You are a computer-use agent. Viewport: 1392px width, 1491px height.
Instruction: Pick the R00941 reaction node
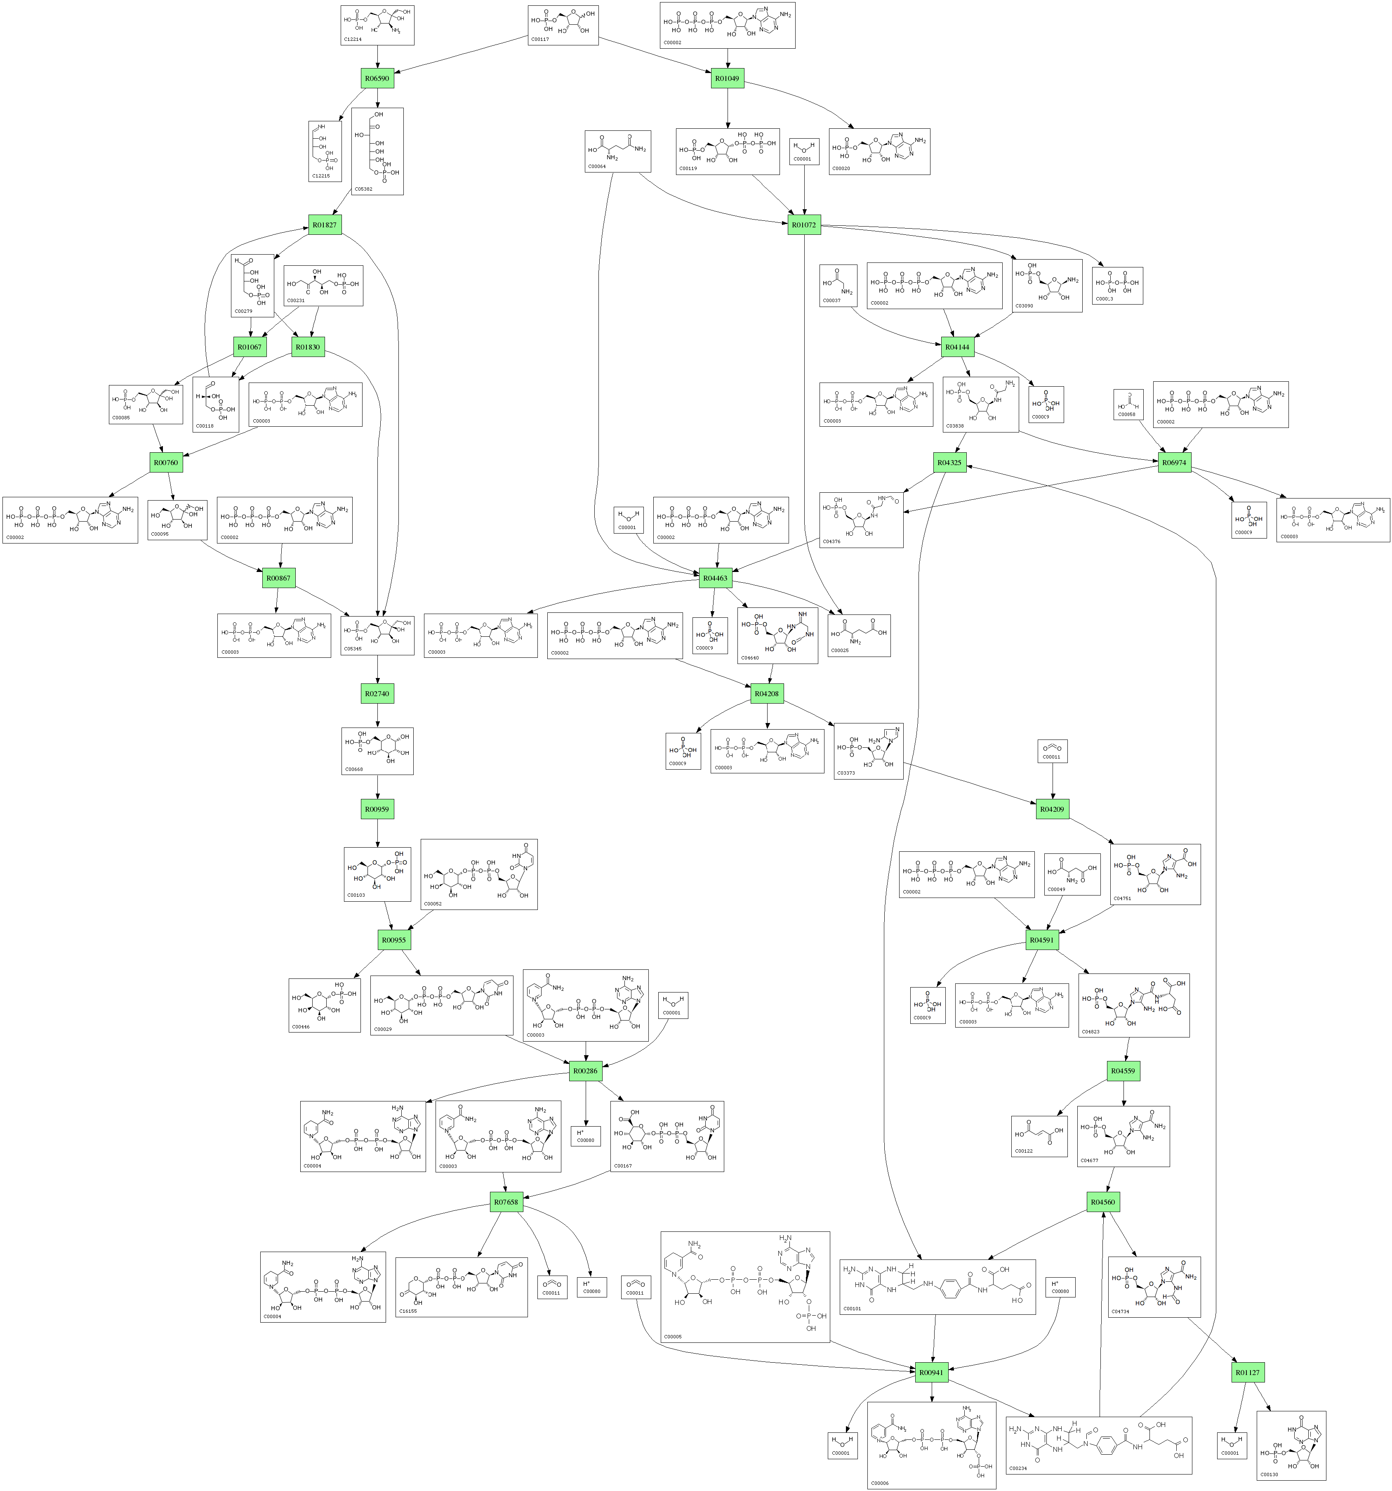[x=931, y=1372]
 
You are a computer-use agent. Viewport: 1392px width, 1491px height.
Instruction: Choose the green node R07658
[x=506, y=1201]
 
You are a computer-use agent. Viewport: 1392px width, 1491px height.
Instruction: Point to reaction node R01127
[x=1247, y=1372]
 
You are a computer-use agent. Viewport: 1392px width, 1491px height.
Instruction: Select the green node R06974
[x=1174, y=462]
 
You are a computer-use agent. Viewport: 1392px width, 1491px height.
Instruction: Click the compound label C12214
[x=352, y=39]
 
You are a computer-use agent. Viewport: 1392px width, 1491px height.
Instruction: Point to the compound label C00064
[x=597, y=166]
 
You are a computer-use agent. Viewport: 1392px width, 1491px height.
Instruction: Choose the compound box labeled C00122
[x=1039, y=1136]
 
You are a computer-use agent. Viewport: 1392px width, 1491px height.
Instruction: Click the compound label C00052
[x=433, y=904]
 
